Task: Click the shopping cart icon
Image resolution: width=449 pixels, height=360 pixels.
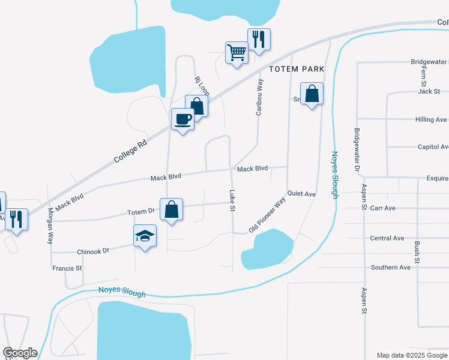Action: point(237,53)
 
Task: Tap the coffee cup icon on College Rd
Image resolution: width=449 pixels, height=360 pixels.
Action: point(182,119)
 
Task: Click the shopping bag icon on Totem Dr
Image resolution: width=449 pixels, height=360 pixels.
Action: point(171,209)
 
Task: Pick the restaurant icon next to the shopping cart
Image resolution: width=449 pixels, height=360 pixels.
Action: point(259,40)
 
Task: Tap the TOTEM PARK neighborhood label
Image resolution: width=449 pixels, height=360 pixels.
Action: point(297,69)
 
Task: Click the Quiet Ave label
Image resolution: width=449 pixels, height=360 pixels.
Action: point(301,194)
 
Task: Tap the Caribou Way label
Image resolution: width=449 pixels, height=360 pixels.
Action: point(260,96)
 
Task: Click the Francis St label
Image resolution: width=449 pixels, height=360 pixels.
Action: point(67,268)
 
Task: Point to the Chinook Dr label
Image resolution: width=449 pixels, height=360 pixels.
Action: point(92,251)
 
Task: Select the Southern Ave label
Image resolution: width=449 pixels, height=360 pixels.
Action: point(390,267)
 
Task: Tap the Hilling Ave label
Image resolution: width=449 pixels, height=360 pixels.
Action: point(432,119)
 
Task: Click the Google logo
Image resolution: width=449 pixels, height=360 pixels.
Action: point(20,353)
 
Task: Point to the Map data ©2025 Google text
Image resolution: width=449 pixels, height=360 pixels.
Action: point(411,355)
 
